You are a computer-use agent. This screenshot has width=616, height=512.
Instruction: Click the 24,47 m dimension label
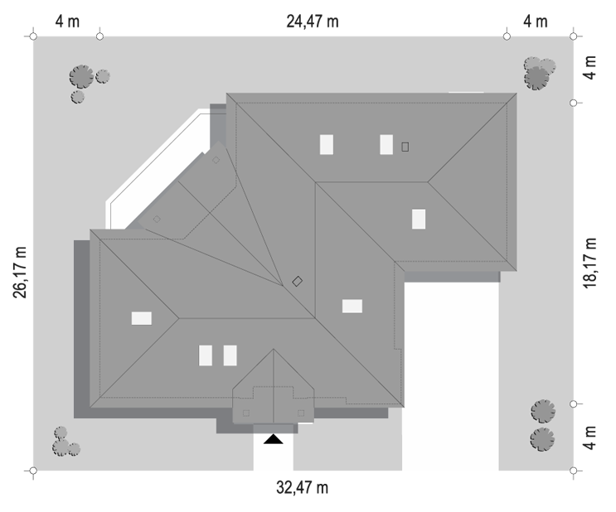[313, 22]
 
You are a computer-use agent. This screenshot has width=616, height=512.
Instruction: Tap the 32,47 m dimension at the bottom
[302, 488]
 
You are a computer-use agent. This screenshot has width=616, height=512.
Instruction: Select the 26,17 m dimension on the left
[20, 273]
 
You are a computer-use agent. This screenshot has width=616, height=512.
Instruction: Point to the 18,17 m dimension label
[589, 263]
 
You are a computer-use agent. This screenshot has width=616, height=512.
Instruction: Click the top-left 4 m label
[67, 22]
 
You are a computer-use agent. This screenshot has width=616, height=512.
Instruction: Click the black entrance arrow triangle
[273, 439]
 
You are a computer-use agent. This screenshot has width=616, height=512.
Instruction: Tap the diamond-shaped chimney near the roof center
[298, 281]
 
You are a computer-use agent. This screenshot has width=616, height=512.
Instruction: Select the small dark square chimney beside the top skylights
[405, 147]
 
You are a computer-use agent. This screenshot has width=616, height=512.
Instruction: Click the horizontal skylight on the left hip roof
[142, 318]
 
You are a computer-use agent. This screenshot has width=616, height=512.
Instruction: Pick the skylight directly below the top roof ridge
[419, 219]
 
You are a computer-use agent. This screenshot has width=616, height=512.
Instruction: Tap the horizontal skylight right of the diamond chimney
[352, 307]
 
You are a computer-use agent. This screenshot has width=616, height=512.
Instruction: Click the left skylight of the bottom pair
[206, 355]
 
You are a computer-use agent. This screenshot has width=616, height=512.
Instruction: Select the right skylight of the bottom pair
[230, 355]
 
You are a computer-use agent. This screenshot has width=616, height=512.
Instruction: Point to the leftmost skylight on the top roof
[327, 144]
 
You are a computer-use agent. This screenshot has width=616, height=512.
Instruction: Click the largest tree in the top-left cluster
[82, 76]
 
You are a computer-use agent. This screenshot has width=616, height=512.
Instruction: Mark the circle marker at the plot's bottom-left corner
[33, 471]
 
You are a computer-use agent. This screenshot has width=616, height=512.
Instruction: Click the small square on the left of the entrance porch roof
[246, 413]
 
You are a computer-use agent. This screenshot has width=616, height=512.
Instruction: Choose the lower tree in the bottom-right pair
[542, 439]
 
